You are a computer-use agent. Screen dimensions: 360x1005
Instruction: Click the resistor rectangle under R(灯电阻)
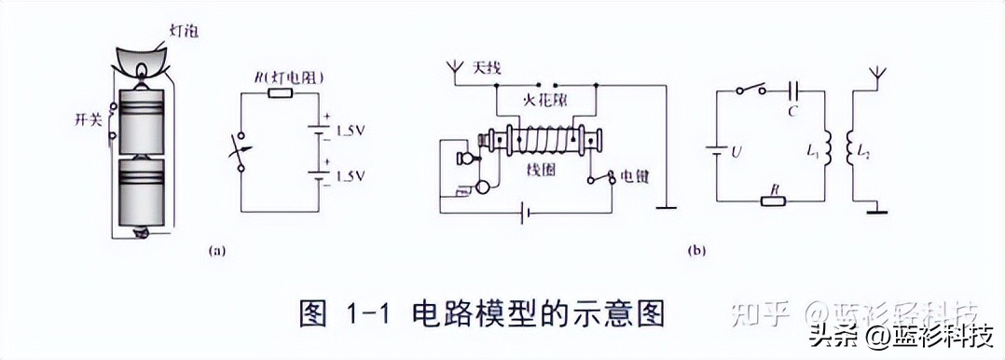coord(281,93)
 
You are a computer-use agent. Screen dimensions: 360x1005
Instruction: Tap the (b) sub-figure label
coord(696,250)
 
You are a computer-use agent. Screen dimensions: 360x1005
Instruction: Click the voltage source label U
coord(736,150)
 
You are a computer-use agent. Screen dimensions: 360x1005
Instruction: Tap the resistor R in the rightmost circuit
coord(772,200)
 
